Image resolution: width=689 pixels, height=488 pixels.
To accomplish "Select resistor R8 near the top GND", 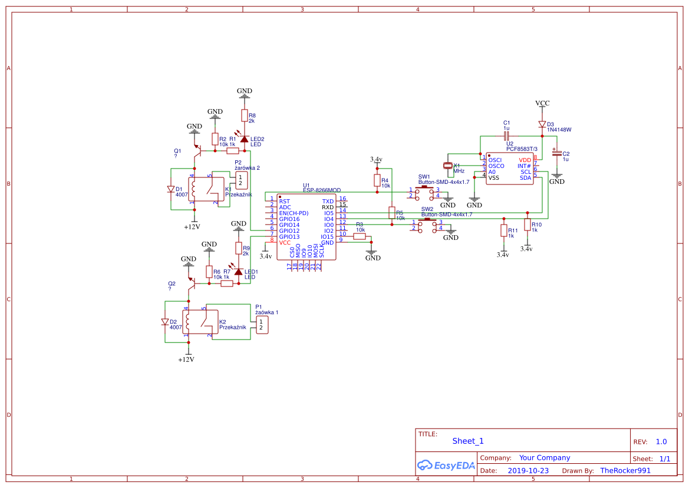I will pyautogui.click(x=244, y=116).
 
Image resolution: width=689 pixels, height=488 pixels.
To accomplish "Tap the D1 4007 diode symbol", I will pyautogui.click(x=171, y=189).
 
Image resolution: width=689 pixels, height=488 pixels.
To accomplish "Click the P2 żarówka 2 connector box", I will pyautogui.click(x=241, y=180).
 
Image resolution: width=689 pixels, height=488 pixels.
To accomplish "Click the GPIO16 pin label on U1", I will pyautogui.click(x=289, y=219).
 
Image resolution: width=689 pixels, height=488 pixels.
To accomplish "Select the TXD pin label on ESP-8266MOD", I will pyautogui.click(x=328, y=202).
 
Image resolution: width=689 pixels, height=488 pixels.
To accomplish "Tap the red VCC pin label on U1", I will pyautogui.click(x=285, y=242).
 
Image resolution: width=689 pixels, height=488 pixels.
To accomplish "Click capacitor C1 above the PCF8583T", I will pyautogui.click(x=506, y=136).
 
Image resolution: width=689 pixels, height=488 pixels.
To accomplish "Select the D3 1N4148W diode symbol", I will pyautogui.click(x=542, y=124).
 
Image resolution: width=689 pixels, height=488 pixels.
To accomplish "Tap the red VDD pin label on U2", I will pyautogui.click(x=525, y=160).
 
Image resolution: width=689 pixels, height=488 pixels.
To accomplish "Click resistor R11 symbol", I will pyautogui.click(x=503, y=230).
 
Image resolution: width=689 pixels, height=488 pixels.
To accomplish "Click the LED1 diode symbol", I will pyautogui.click(x=238, y=272).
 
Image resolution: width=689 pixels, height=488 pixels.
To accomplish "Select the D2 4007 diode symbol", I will pyautogui.click(x=165, y=322).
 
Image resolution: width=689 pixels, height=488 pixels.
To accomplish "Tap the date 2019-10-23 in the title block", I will pyautogui.click(x=528, y=471).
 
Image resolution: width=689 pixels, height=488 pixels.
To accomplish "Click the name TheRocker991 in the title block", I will pyautogui.click(x=625, y=471).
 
